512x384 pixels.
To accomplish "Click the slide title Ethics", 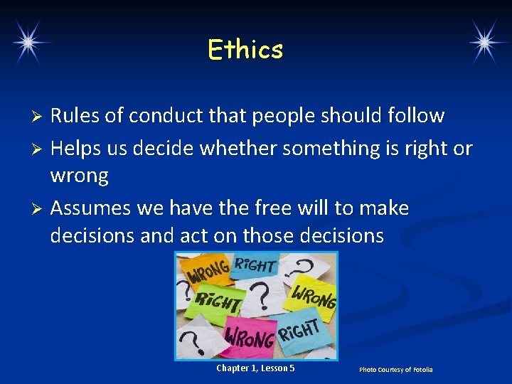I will tap(245, 50).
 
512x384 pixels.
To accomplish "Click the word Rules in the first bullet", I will tap(75, 115).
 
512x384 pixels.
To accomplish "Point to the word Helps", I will tap(75, 148).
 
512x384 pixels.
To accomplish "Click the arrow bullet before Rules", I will tap(40, 116).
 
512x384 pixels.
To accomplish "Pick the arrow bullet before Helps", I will tap(40, 149).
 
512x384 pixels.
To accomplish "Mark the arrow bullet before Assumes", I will tap(40, 209).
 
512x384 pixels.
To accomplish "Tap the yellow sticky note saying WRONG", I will tap(313, 295).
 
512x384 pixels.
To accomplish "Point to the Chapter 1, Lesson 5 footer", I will tap(255, 368).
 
